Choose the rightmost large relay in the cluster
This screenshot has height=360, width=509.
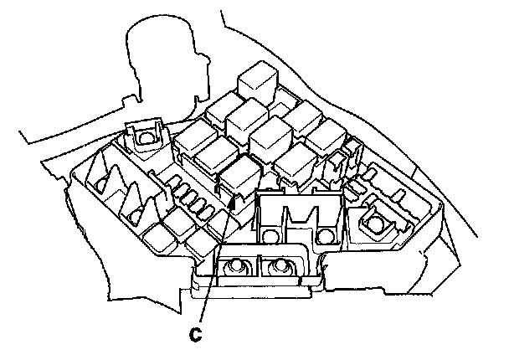click(325, 134)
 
